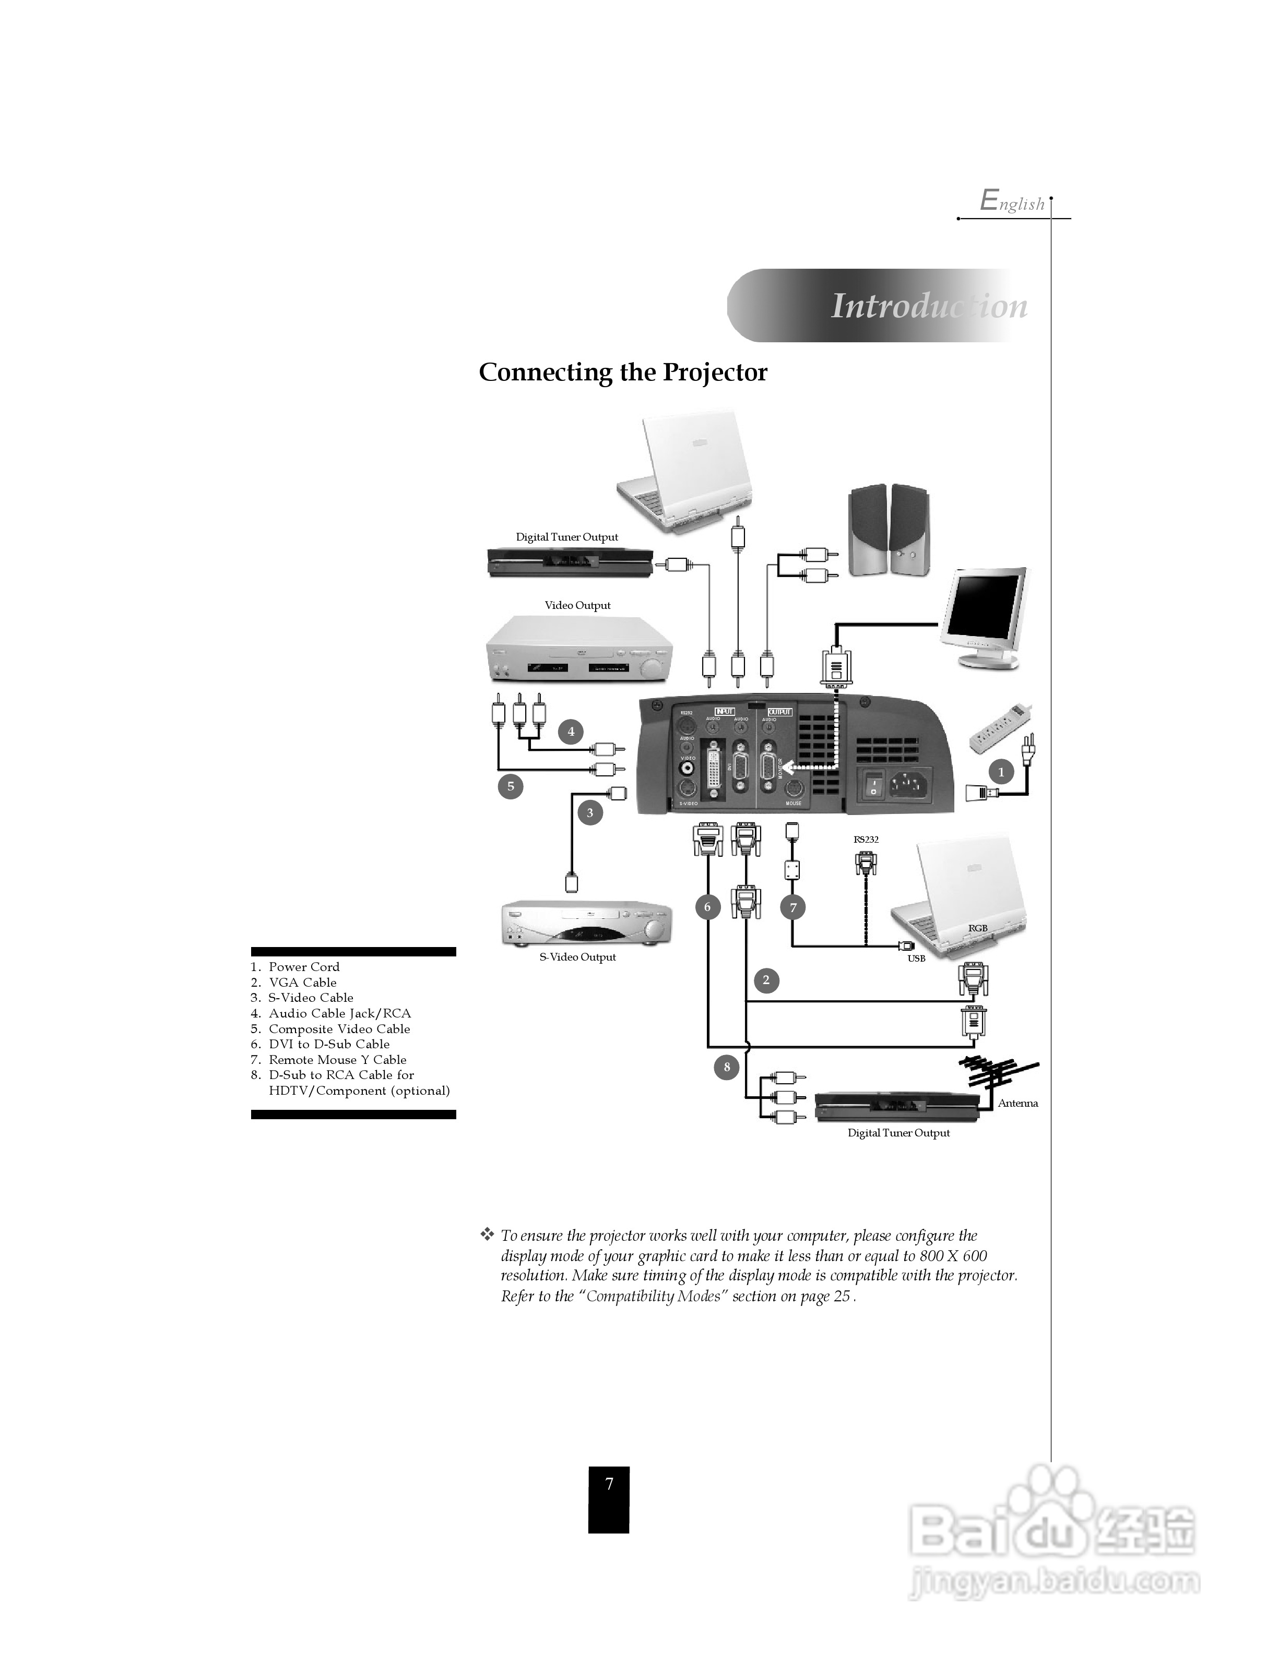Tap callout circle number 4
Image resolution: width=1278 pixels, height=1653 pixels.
point(571,731)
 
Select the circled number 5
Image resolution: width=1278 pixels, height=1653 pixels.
point(510,786)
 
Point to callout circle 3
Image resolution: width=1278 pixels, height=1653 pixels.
point(590,813)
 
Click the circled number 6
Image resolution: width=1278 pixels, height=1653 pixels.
point(708,907)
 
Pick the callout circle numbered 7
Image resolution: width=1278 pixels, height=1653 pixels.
point(792,907)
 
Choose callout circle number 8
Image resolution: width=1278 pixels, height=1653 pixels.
point(726,1067)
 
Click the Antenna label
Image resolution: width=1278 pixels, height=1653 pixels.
point(1017,1103)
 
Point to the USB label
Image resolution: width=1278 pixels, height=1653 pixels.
point(916,958)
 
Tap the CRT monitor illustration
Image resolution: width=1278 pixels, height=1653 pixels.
point(984,617)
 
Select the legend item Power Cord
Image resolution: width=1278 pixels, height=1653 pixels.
point(304,966)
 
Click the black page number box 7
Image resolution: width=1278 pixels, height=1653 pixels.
point(609,1500)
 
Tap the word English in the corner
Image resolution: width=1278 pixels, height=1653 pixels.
point(1012,202)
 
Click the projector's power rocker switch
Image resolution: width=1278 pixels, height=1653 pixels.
point(874,784)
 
